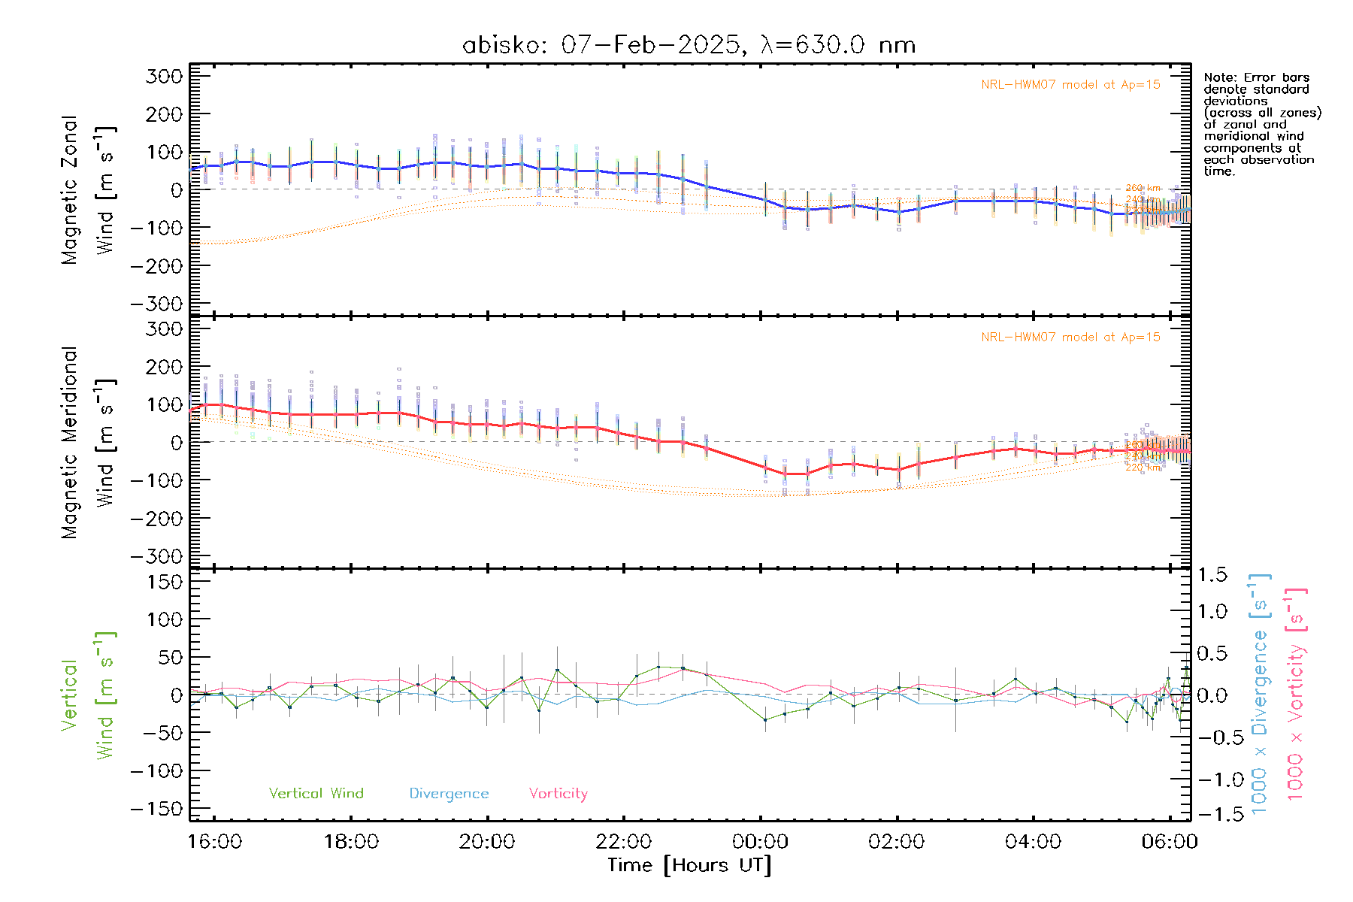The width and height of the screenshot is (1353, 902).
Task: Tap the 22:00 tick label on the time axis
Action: pyautogui.click(x=623, y=841)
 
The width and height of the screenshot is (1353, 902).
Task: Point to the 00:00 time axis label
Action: pyautogui.click(x=760, y=841)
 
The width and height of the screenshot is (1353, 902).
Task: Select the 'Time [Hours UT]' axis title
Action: pyautogui.click(x=689, y=865)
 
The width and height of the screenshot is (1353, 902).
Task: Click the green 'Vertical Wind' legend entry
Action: pyautogui.click(x=316, y=793)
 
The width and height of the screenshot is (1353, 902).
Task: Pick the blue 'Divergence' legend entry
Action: pyautogui.click(x=449, y=793)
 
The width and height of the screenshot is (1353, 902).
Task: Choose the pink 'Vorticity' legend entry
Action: pyautogui.click(x=558, y=793)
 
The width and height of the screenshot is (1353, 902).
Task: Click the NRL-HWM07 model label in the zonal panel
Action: pyautogui.click(x=1070, y=85)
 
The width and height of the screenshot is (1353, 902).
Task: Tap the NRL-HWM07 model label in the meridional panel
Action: pyautogui.click(x=1070, y=337)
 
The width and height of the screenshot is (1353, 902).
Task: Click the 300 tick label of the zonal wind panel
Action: pyautogui.click(x=164, y=76)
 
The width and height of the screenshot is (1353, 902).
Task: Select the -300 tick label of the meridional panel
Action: pyautogui.click(x=156, y=556)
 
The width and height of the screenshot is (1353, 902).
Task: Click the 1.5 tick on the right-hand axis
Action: pyautogui.click(x=1212, y=575)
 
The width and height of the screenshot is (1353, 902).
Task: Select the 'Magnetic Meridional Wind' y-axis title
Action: pyautogui.click(x=88, y=443)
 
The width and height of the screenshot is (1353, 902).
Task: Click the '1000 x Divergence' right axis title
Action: pyautogui.click(x=1259, y=693)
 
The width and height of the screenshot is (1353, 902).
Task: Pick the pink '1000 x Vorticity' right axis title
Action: pyautogui.click(x=1295, y=693)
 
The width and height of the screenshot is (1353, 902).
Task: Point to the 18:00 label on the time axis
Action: pyautogui.click(x=351, y=841)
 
